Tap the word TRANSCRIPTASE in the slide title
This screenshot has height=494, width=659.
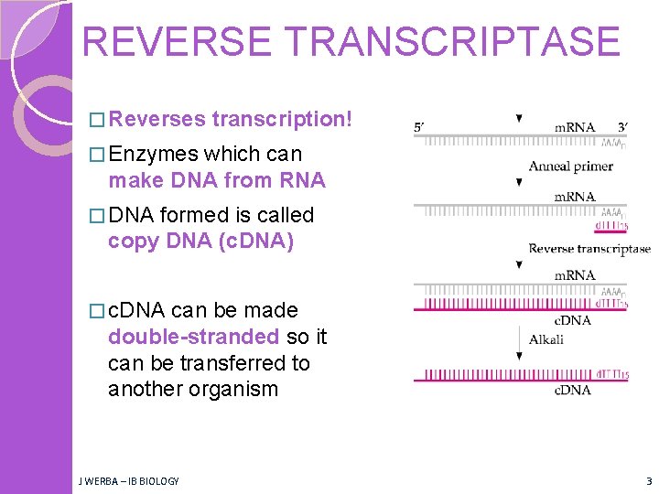pyautogui.click(x=468, y=42)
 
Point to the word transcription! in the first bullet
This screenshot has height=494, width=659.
pyautogui.click(x=281, y=119)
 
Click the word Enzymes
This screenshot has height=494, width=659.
pyautogui.click(x=153, y=154)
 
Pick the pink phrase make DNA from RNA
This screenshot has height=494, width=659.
pyautogui.click(x=216, y=180)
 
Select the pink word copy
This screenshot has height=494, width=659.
pyautogui.click(x=133, y=242)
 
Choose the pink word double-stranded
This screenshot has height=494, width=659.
pyautogui.click(x=193, y=337)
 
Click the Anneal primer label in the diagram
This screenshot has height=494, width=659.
pyautogui.click(x=570, y=166)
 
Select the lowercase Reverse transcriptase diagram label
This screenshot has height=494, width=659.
pyautogui.click(x=589, y=248)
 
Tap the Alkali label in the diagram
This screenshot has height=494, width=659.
pyautogui.click(x=546, y=339)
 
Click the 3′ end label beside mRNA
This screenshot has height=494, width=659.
pyautogui.click(x=621, y=127)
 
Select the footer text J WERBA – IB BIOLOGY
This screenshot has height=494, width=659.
pyautogui.click(x=129, y=480)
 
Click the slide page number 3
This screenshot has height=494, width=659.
pyautogui.click(x=648, y=480)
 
